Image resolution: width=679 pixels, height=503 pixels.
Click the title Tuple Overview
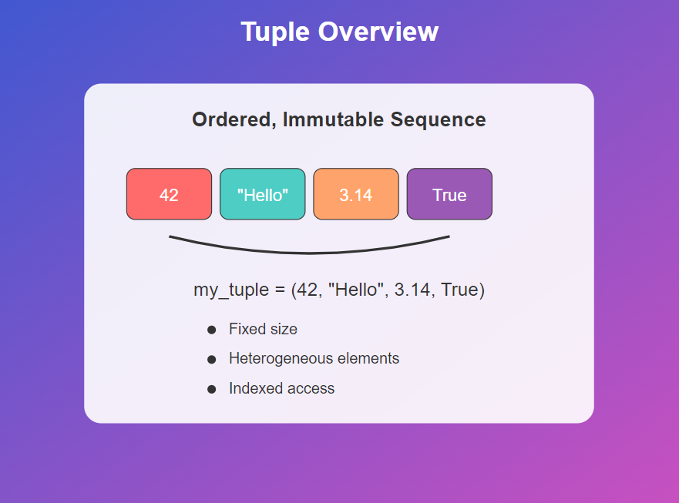339,32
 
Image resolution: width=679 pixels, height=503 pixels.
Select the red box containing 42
169,194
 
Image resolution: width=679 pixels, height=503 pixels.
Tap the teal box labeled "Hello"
262,194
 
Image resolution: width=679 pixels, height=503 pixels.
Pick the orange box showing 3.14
355,194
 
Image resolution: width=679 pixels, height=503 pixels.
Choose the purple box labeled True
449,194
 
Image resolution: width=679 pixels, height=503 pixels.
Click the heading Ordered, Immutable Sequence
338,120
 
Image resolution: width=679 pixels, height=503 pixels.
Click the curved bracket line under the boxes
308,252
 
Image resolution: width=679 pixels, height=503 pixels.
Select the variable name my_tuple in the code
227,291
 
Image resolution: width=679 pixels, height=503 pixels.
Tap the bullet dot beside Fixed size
212,330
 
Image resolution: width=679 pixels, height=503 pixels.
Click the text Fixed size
263,330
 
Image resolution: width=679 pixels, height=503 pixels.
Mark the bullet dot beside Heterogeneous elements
212,359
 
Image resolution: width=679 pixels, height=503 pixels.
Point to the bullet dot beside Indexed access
212,389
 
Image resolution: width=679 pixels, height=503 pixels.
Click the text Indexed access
281,389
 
